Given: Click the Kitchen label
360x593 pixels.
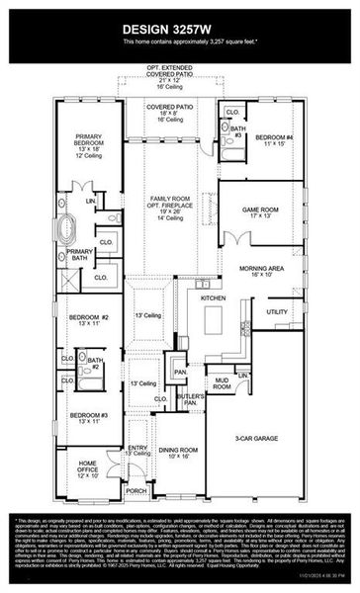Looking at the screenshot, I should (x=214, y=297).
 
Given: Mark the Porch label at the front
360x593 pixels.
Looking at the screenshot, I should (x=135, y=490).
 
